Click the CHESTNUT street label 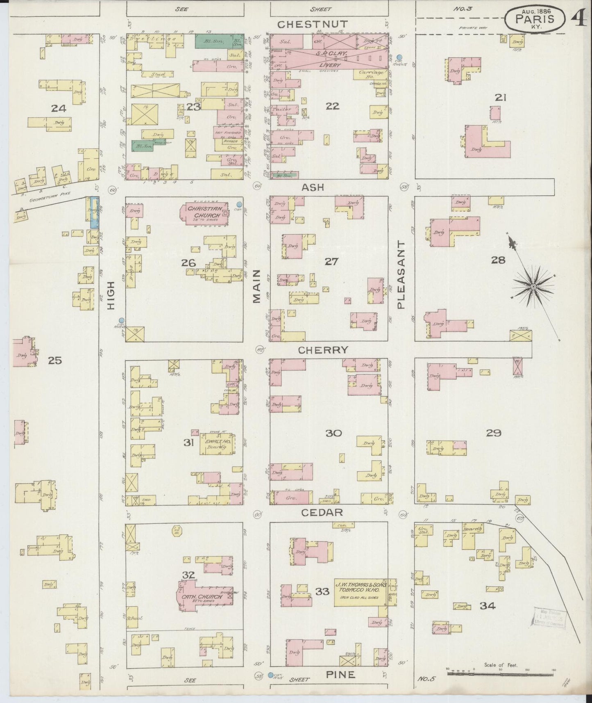tap(312, 25)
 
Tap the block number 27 tap(331, 261)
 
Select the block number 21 tap(501, 98)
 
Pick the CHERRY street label tap(323, 350)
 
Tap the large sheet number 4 tap(578, 18)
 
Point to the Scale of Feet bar tap(501, 673)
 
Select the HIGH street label tap(111, 295)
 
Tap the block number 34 tap(488, 605)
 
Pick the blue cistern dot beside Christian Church tap(239, 204)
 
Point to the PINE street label tap(340, 674)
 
